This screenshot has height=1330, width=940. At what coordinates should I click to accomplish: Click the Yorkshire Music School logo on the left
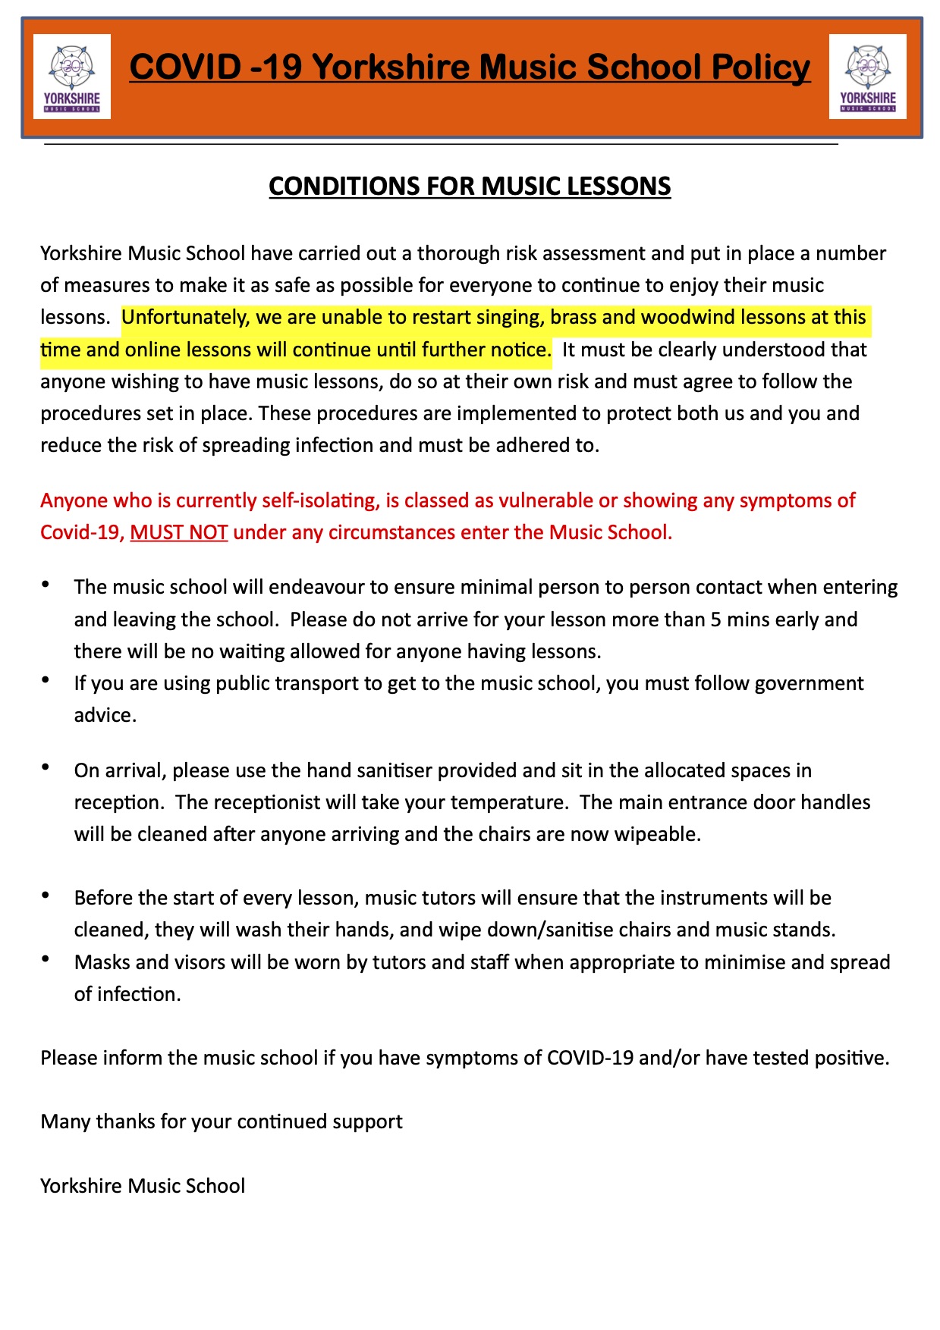72,77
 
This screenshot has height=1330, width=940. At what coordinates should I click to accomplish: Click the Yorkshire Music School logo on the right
867,77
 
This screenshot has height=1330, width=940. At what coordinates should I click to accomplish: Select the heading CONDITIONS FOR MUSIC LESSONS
470,187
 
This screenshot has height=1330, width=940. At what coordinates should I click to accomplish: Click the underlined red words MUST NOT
179,532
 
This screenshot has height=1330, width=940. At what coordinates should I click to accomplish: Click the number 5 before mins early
715,620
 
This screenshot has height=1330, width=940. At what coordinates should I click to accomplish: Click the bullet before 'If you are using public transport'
47,680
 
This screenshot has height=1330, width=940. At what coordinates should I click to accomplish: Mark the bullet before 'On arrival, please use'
47,767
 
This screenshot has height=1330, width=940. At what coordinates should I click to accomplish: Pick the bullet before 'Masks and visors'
47,959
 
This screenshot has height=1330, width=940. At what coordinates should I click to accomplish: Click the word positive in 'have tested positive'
850,1058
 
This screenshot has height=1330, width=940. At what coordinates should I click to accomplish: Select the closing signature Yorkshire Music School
143,1186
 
